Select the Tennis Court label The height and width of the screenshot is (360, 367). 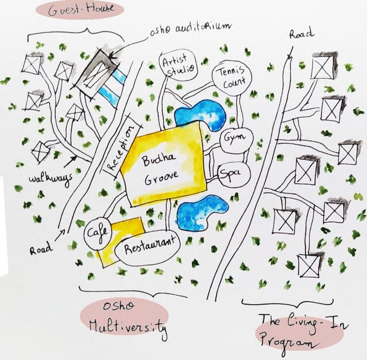coord(232,77)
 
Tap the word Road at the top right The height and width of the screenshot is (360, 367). coord(301,34)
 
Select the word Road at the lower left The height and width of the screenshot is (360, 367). coord(41,249)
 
